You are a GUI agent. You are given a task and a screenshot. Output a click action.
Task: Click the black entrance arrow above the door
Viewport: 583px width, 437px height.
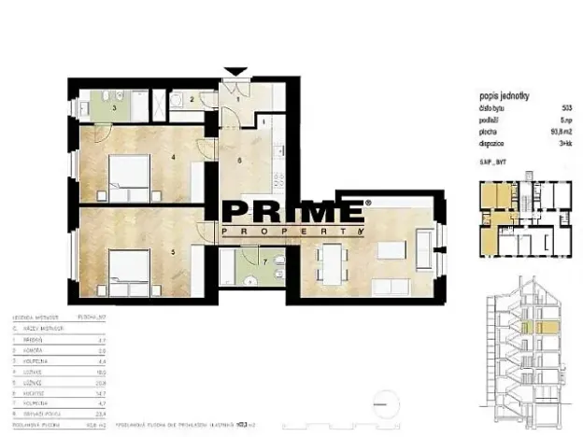(x=236, y=71)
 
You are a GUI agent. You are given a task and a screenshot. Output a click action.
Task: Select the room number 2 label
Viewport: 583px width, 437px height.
(x=191, y=100)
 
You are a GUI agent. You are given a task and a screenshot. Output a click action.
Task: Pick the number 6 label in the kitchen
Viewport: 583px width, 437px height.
(x=240, y=160)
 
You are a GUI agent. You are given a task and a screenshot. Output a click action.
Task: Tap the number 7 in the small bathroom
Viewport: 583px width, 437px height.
(x=264, y=261)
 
